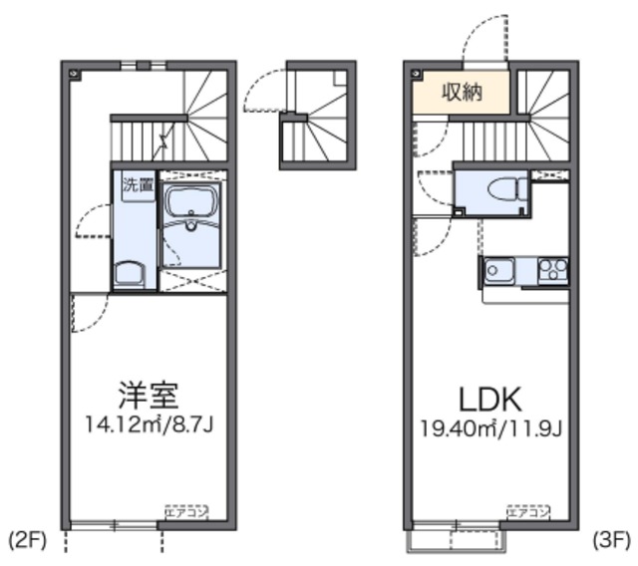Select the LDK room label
coord(489,400)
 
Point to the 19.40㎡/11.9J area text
coord(489,429)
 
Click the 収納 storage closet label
coord(463,94)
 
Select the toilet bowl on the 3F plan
coord(503,187)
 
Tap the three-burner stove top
coord(551,268)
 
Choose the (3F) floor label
coord(611,541)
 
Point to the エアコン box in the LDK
coord(527,513)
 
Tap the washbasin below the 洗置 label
coord(130,273)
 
